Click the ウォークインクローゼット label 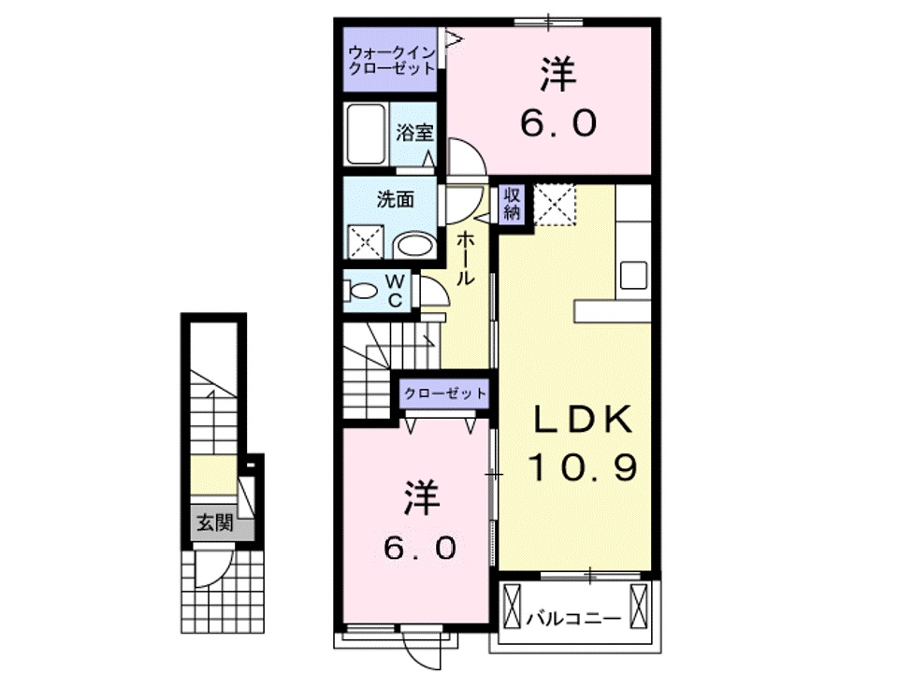[390, 60]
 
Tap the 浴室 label [414, 133]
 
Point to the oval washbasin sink [413, 245]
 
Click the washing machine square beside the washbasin [368, 242]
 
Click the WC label [395, 290]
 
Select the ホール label [465, 259]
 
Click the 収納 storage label [513, 203]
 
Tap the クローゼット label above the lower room [445, 393]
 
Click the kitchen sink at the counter [634, 277]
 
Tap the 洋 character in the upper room [558, 75]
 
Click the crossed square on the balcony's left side [513, 608]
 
